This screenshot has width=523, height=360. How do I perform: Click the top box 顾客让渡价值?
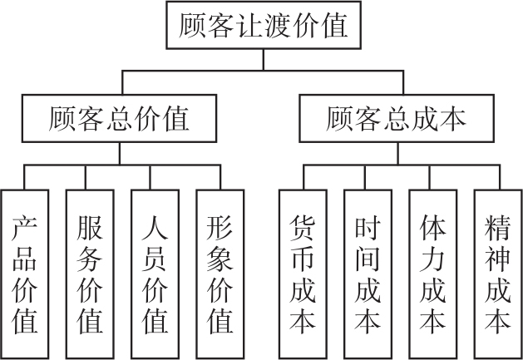click(263, 26)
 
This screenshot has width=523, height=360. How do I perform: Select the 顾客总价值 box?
click(120, 120)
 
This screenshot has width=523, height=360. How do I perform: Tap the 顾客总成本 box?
click(397, 120)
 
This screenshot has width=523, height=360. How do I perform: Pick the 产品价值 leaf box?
click(25, 273)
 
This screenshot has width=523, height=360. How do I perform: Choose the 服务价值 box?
click(90, 273)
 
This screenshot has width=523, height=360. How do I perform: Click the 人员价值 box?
click(155, 273)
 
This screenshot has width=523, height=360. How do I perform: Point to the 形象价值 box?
click(220, 273)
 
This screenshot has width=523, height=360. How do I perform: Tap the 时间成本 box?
click(368, 273)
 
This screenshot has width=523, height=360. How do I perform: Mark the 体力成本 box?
click(432, 273)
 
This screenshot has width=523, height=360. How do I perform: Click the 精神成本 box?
click(497, 273)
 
